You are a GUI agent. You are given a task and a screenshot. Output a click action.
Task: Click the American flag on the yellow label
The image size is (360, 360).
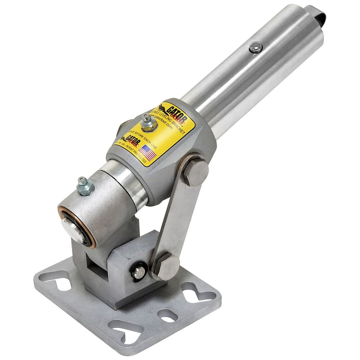coord(148,151)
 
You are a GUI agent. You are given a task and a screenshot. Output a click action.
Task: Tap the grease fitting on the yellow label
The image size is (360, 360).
coord(146,121)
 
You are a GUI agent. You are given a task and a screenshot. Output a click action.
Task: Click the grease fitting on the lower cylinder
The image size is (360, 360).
coord(85,186)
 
